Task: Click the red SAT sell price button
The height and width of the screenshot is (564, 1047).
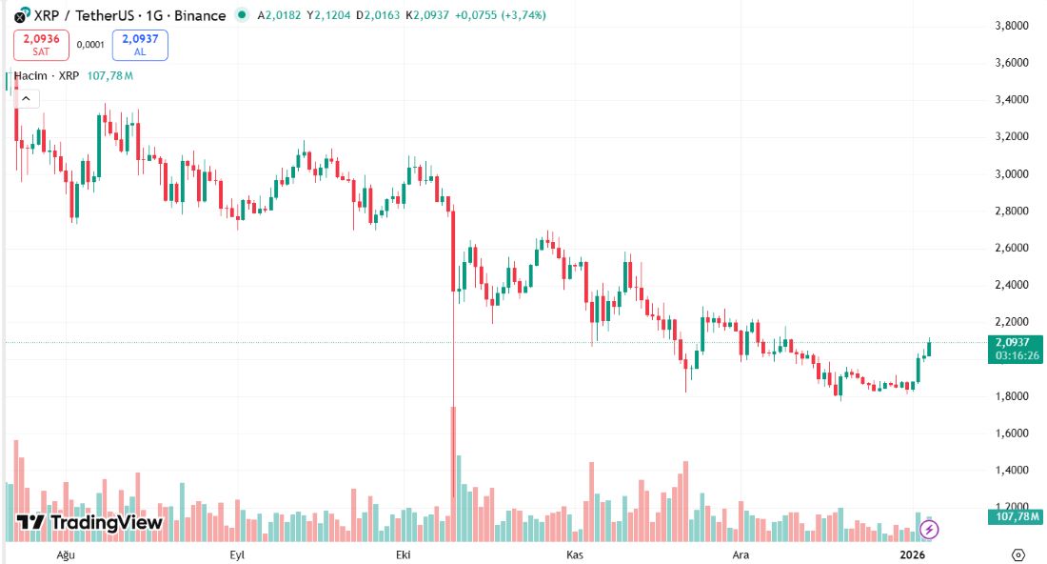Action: (40, 45)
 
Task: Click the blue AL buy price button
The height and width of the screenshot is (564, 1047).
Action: (140, 45)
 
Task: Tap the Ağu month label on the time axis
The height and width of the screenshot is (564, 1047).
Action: (66, 554)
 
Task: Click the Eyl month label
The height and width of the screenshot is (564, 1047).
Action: (237, 554)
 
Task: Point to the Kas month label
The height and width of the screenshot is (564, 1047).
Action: (574, 554)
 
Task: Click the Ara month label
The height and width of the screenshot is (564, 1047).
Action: (739, 554)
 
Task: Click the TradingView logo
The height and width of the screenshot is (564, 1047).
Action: (89, 522)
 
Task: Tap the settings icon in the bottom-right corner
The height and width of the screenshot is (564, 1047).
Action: (1017, 554)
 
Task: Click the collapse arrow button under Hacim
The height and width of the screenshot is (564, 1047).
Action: (27, 98)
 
